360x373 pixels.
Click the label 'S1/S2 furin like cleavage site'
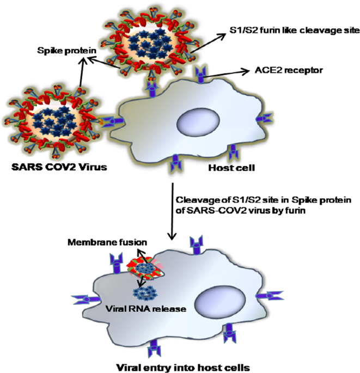tap(292, 30)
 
